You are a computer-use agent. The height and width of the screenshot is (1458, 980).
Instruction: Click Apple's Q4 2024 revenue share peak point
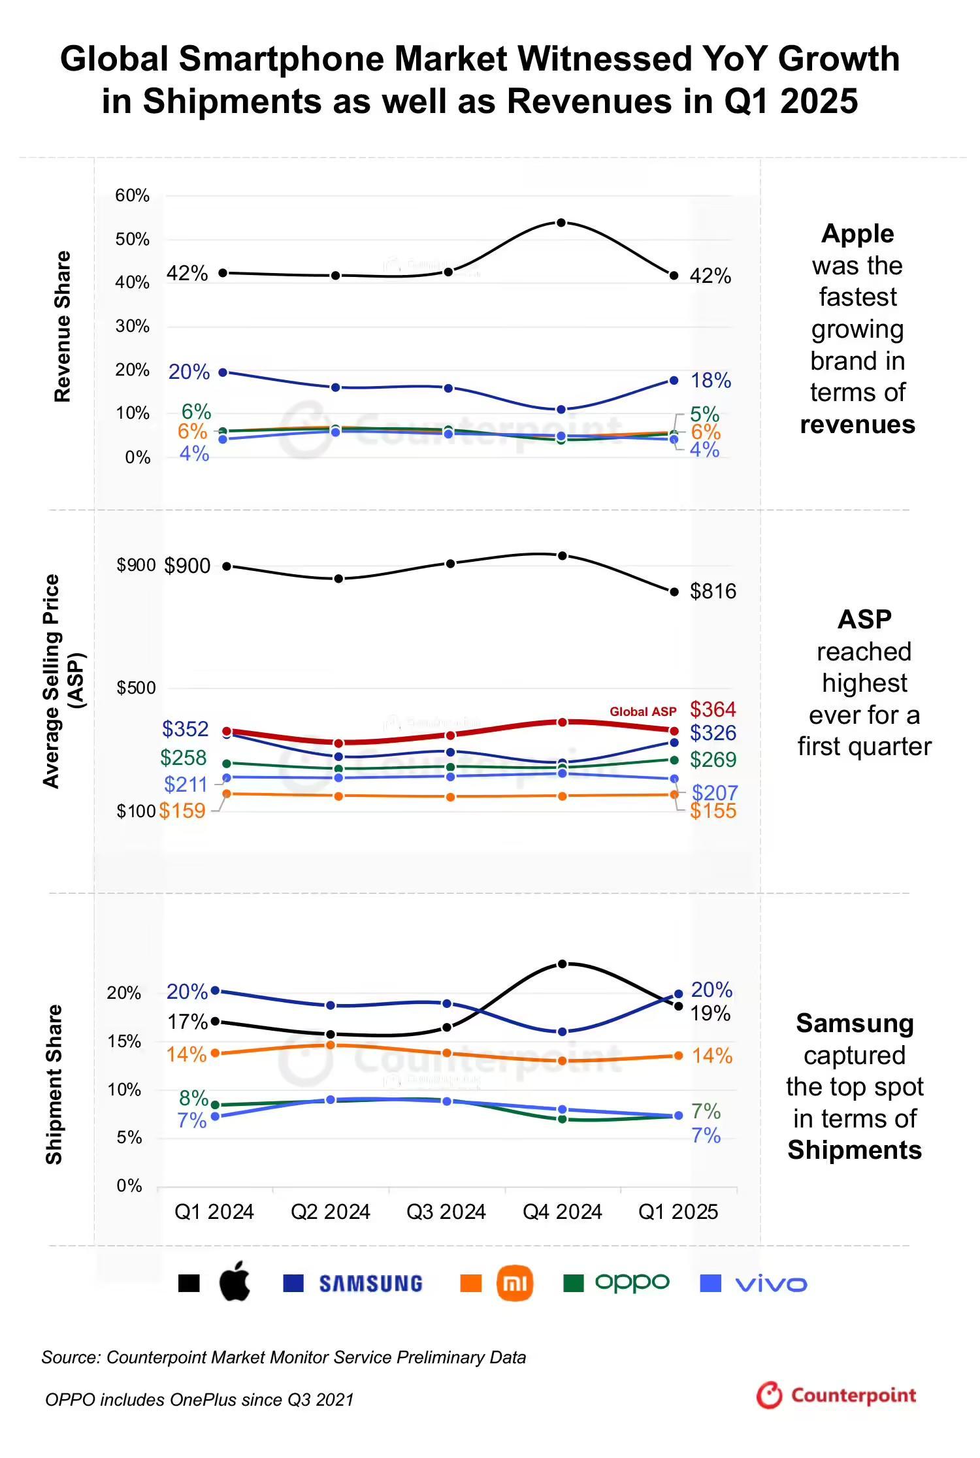561,223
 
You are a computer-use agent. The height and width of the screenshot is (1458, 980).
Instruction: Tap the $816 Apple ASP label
713,591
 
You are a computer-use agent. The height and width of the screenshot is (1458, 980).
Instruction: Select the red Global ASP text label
643,711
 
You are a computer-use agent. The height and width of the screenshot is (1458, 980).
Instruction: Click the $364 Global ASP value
713,709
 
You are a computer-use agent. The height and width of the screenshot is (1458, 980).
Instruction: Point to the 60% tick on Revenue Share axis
133,195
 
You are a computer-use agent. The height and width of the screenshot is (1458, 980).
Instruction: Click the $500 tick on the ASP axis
136,688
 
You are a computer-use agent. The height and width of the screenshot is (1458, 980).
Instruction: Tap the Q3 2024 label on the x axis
446,1212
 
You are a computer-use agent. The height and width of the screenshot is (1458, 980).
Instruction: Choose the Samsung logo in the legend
370,1284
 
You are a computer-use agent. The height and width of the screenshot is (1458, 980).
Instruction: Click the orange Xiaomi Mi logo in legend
515,1283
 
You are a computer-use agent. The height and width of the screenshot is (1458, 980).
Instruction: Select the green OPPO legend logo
632,1283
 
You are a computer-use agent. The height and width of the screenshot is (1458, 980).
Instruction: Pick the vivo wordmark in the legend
771,1284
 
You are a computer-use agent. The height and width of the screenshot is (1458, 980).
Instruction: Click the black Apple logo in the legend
235,1282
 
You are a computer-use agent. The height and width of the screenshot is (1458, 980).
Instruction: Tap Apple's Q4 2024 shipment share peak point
562,964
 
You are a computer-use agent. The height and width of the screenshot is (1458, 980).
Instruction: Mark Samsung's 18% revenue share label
711,380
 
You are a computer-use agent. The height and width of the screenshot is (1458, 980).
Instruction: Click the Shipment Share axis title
54,1084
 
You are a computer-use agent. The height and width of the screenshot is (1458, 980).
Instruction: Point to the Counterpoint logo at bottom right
836,1395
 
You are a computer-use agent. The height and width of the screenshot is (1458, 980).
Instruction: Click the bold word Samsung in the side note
855,1024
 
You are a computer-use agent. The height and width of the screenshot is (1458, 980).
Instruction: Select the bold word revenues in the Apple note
857,425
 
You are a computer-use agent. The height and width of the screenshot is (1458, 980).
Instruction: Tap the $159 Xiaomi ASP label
182,811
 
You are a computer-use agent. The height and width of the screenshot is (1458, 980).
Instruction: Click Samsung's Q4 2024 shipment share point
562,1032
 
